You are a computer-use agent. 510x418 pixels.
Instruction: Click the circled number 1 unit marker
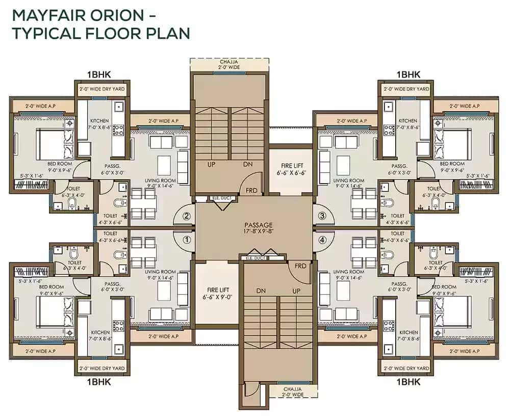[x=187, y=238]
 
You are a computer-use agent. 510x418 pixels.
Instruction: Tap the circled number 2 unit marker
[x=187, y=216]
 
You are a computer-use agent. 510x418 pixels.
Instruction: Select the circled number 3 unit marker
[x=322, y=216]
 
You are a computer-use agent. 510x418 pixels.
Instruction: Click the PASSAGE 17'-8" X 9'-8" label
[x=258, y=228]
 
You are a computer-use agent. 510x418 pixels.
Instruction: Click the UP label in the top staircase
[x=210, y=165]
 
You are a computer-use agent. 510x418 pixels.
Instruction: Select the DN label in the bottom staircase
[x=261, y=291]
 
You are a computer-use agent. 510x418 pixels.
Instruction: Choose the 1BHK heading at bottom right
[x=408, y=382]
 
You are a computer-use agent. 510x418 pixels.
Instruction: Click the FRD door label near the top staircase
[x=251, y=191]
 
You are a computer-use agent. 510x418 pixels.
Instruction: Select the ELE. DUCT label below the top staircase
[x=206, y=198]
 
